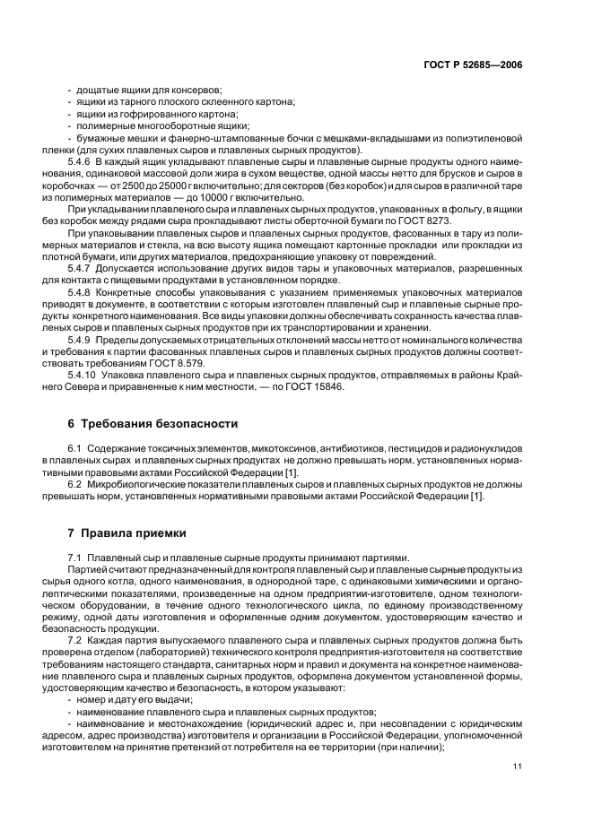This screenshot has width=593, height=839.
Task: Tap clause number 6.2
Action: coord(75,483)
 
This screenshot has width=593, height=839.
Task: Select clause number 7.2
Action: coord(75,642)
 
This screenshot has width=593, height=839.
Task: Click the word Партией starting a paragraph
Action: coord(86,570)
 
